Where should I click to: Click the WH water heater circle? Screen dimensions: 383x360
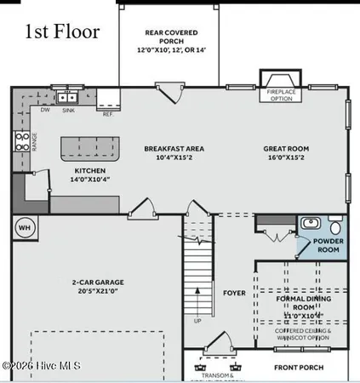[x=24, y=227]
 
